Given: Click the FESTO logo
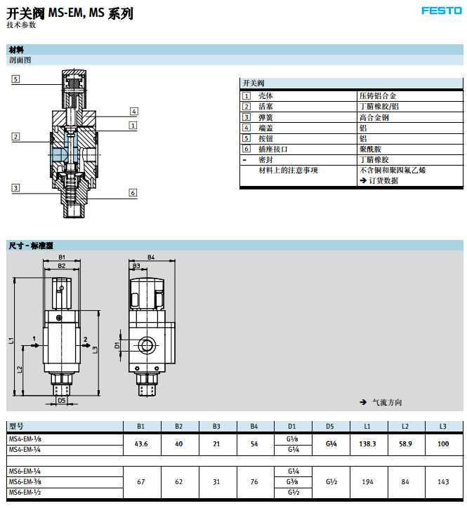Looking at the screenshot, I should [x=441, y=11].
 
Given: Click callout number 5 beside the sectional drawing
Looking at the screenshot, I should [x=15, y=79].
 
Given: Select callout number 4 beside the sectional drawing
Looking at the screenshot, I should [x=133, y=111].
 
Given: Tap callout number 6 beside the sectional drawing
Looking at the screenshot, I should [x=132, y=192].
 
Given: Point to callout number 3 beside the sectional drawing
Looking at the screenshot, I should [x=15, y=187].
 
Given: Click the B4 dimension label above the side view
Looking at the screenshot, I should [x=150, y=257].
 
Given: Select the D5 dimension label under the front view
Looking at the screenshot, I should [x=62, y=400].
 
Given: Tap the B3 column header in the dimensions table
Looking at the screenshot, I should [x=216, y=426].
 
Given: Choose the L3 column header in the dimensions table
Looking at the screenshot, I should [x=442, y=426].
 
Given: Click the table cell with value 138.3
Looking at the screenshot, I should [x=367, y=444].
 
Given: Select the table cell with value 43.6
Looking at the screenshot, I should [x=140, y=444].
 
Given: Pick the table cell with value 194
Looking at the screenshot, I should [x=367, y=483].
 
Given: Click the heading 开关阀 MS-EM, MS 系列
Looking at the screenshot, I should [x=70, y=13].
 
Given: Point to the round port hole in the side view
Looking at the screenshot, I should [x=147, y=345].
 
